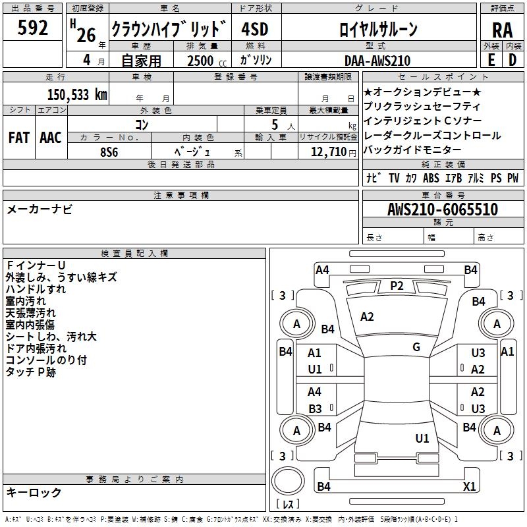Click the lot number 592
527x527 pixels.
coord(33,28)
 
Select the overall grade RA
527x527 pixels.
coord(502,30)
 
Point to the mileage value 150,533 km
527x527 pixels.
coord(77,94)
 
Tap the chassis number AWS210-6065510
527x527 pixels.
coord(443,209)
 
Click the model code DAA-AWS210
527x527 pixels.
coord(377,61)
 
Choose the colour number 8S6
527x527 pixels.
coord(109,152)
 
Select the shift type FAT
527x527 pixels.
coord(18,138)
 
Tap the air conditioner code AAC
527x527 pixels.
coord(51,138)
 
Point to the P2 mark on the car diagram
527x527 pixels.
coord(397,285)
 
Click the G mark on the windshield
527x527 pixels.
coord(416,347)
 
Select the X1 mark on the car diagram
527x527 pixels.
coord(470,487)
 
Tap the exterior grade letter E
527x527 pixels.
coord(491,60)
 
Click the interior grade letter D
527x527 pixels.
coord(513,60)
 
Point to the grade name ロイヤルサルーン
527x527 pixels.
coord(378,29)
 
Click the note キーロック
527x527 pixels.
coord(34,492)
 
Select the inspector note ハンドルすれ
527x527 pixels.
coord(36,289)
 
